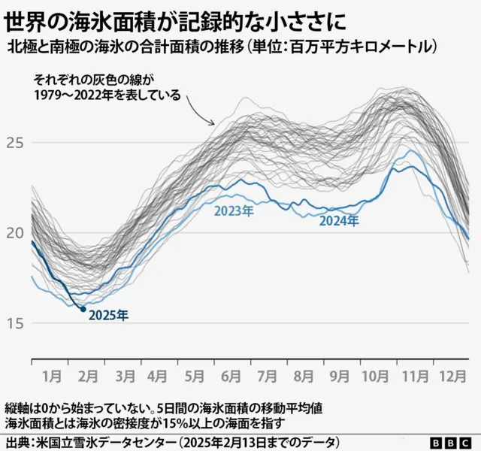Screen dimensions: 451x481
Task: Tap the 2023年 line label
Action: pyautogui.click(x=233, y=212)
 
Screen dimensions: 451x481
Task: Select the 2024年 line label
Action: pyautogui.click(x=339, y=221)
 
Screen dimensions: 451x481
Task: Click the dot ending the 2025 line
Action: pyautogui.click(x=83, y=309)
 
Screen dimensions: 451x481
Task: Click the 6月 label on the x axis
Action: pyautogui.click(x=231, y=373)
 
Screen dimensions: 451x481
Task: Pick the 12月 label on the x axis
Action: pyautogui.click(x=451, y=373)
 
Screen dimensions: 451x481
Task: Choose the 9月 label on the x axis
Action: pyautogui.click(x=340, y=373)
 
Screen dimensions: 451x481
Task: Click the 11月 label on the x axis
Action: pyautogui.click(x=413, y=373)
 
